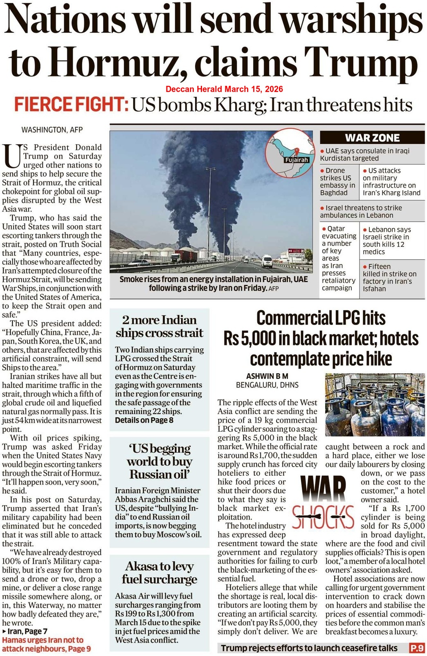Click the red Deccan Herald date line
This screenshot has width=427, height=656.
pos(224,89)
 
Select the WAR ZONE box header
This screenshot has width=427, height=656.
pos(372,138)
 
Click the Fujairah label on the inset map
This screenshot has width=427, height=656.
pos(297,160)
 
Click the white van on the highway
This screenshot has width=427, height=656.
pos(266,261)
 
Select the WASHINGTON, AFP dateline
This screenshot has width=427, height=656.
pos(52,130)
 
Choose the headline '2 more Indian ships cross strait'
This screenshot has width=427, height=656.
pos(160,326)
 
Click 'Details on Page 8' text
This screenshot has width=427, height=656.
pos(144,420)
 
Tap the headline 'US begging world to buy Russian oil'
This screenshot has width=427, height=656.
pos(160,461)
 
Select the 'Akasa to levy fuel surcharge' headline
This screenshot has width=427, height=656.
pos(160,573)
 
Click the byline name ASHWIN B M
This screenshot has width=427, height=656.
pos(267,376)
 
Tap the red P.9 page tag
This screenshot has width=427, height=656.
pos(417,648)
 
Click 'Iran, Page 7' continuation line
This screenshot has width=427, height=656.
pos(27,631)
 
